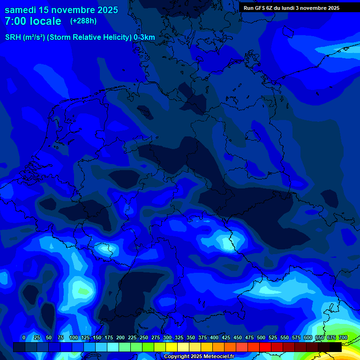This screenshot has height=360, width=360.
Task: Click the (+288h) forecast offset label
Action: click(x=83, y=21)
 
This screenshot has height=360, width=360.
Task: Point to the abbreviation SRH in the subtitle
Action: click(x=13, y=37)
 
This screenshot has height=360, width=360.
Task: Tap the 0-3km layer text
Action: click(x=144, y=37)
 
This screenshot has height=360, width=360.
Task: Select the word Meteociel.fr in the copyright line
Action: click(x=219, y=357)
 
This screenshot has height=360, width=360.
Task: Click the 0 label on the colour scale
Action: click(x=24, y=337)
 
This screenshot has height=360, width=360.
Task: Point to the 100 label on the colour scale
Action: click(x=74, y=337)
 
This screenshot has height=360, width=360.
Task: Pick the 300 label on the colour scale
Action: click(x=167, y=337)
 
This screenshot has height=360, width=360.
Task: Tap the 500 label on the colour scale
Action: click(x=261, y=337)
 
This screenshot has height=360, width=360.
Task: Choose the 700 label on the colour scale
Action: click(x=343, y=337)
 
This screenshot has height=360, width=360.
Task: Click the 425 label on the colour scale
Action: click(x=226, y=337)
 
